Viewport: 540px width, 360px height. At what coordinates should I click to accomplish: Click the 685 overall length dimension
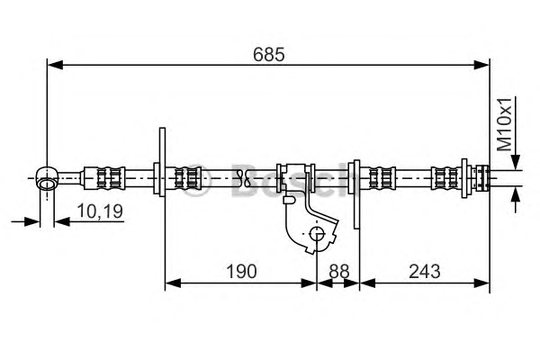pos(268,54)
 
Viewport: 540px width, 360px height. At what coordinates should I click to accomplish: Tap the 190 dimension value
pos(241,271)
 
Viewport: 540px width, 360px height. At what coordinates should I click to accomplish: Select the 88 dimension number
pos(339,271)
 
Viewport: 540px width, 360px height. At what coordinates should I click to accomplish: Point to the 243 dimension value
pos(424,271)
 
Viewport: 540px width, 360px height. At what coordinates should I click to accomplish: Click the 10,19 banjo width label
pos(100,211)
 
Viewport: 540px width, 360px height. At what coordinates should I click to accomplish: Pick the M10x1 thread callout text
pos(505,124)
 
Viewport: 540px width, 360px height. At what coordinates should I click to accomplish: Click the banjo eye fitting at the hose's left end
pos(47,178)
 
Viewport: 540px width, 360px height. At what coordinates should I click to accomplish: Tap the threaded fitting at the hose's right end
pos(481,178)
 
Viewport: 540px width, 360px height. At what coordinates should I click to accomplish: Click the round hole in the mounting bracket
pos(317,234)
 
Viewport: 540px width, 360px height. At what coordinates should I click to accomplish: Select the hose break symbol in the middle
pos(244,178)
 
